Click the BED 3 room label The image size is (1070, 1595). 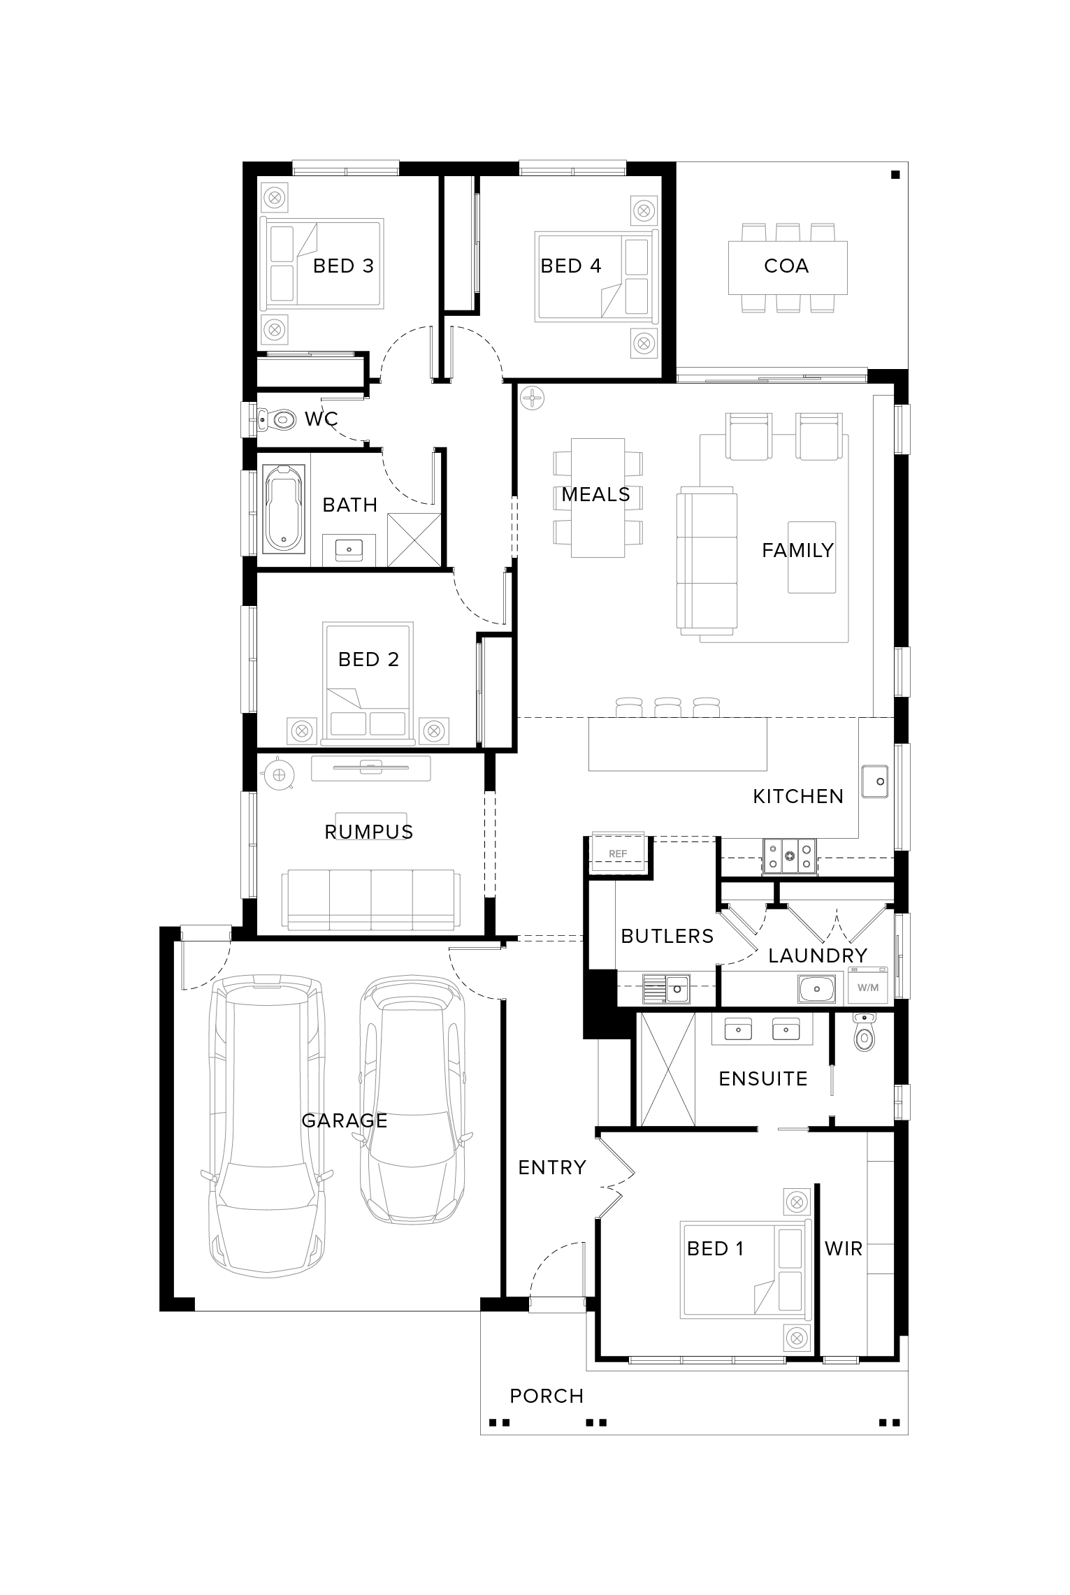click(343, 266)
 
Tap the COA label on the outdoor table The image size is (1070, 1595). click(786, 266)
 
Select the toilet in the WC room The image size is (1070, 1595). click(277, 420)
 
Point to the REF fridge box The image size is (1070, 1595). click(618, 853)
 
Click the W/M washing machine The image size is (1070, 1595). click(867, 988)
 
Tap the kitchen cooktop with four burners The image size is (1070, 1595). click(790, 856)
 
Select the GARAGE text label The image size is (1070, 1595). click(345, 1120)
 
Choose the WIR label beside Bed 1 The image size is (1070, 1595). click(844, 1248)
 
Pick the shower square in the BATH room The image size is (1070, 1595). click(414, 540)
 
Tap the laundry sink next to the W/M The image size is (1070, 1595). click(816, 989)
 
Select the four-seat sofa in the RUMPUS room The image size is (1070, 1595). click(371, 900)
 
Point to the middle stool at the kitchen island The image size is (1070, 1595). click(667, 707)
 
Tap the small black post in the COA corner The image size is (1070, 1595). click(895, 175)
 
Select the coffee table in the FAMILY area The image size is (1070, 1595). click(812, 557)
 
